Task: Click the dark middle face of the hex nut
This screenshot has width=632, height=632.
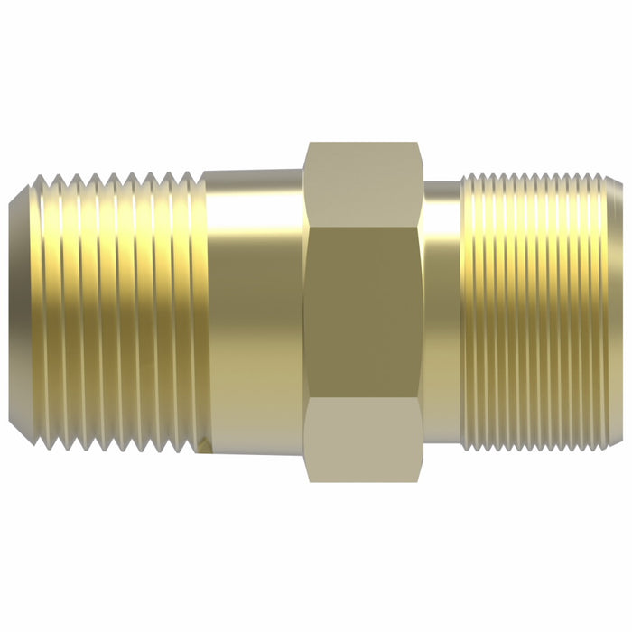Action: [364, 311]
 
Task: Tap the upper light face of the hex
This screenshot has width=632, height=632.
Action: [364, 184]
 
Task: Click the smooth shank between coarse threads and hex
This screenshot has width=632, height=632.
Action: [254, 311]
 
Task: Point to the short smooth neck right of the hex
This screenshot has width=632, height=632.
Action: [442, 311]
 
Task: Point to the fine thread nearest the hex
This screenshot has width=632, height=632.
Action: [467, 311]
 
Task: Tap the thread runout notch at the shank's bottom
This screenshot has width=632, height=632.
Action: [208, 444]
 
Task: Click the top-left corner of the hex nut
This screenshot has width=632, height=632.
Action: [307, 144]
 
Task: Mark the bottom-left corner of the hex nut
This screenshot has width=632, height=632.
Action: [307, 480]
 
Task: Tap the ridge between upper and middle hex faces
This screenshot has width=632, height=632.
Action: [364, 226]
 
